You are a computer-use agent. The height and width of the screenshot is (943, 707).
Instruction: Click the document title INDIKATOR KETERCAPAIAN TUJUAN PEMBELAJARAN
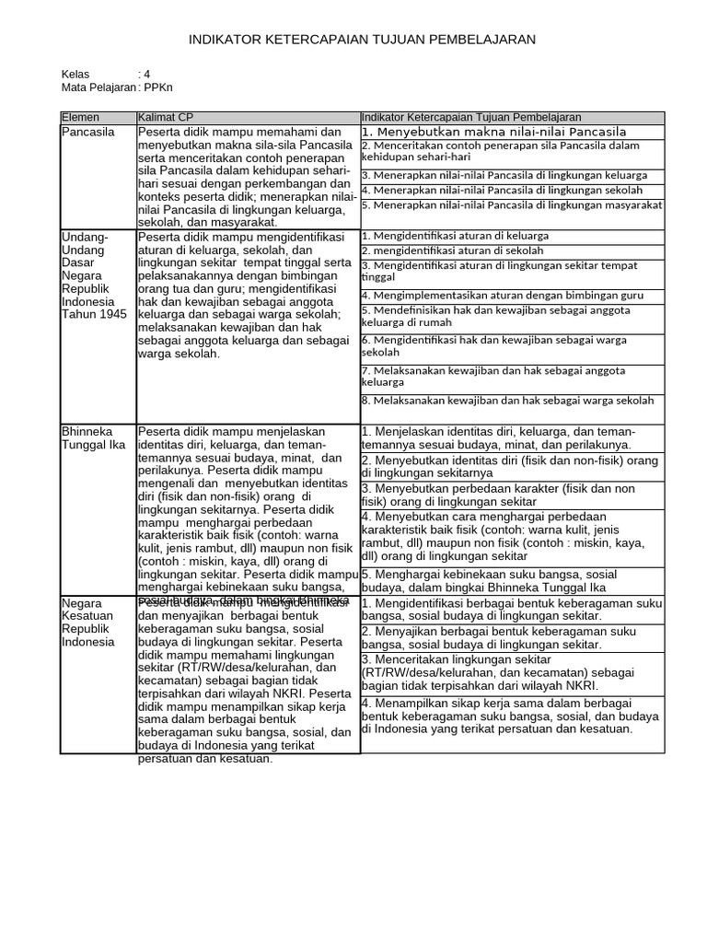[361, 40]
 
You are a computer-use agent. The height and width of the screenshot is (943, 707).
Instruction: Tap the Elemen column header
[80, 118]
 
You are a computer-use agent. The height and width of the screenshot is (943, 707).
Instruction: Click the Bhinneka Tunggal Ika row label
[93, 438]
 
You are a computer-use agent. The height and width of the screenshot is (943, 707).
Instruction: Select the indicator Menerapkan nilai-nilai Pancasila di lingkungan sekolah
[502, 190]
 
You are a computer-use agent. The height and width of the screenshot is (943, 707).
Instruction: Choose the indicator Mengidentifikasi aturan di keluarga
[455, 237]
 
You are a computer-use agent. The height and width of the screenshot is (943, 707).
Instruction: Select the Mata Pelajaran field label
[97, 87]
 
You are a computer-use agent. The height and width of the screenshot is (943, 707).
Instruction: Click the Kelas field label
[76, 74]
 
